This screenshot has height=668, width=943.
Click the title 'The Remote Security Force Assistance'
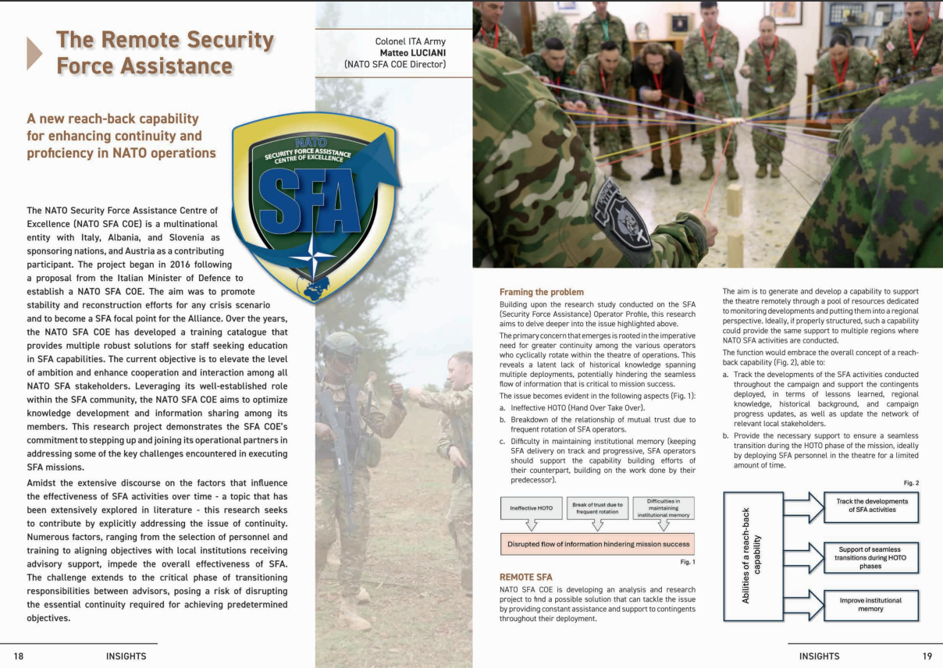(x=165, y=52)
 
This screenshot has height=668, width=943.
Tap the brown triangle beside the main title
(x=34, y=52)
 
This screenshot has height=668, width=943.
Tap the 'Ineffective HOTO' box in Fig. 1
(x=531, y=508)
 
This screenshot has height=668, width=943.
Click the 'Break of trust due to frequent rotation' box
(x=597, y=508)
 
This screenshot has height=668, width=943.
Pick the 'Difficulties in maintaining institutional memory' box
(x=663, y=508)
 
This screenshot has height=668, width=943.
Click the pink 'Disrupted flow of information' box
(x=596, y=543)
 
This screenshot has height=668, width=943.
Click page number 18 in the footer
(x=19, y=656)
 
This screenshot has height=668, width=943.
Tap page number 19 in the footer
(x=927, y=656)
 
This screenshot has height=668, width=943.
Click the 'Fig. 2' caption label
(x=911, y=483)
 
